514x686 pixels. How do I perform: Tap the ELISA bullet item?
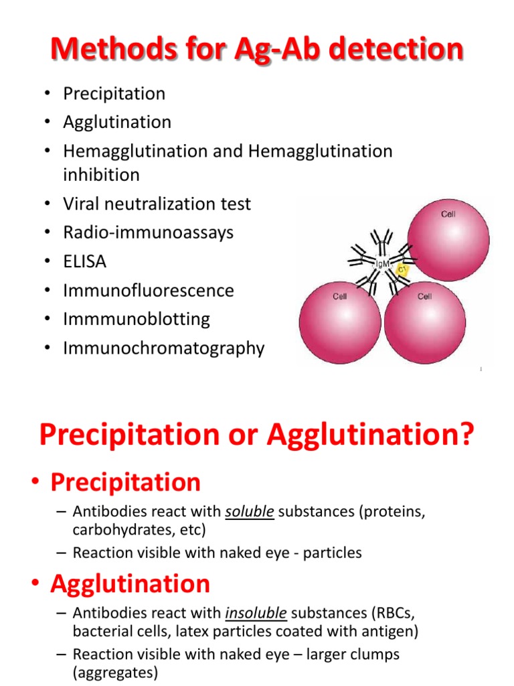85,262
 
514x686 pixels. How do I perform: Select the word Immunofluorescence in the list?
149,291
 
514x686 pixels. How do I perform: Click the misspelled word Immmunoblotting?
137,320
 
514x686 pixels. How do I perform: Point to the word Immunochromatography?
164,348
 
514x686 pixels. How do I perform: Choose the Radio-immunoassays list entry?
148,232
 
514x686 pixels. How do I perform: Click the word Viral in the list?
81,204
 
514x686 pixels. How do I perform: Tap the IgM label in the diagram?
382,264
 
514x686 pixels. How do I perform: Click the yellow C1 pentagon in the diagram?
402,270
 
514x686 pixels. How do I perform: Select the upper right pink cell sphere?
448,241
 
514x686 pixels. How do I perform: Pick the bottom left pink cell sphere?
340,322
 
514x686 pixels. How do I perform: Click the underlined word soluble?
250,511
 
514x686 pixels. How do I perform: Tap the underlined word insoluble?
256,613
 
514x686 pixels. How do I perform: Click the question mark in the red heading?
466,434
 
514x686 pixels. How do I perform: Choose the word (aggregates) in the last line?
115,673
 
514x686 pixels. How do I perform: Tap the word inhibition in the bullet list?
102,175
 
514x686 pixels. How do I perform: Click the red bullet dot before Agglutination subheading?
36,584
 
